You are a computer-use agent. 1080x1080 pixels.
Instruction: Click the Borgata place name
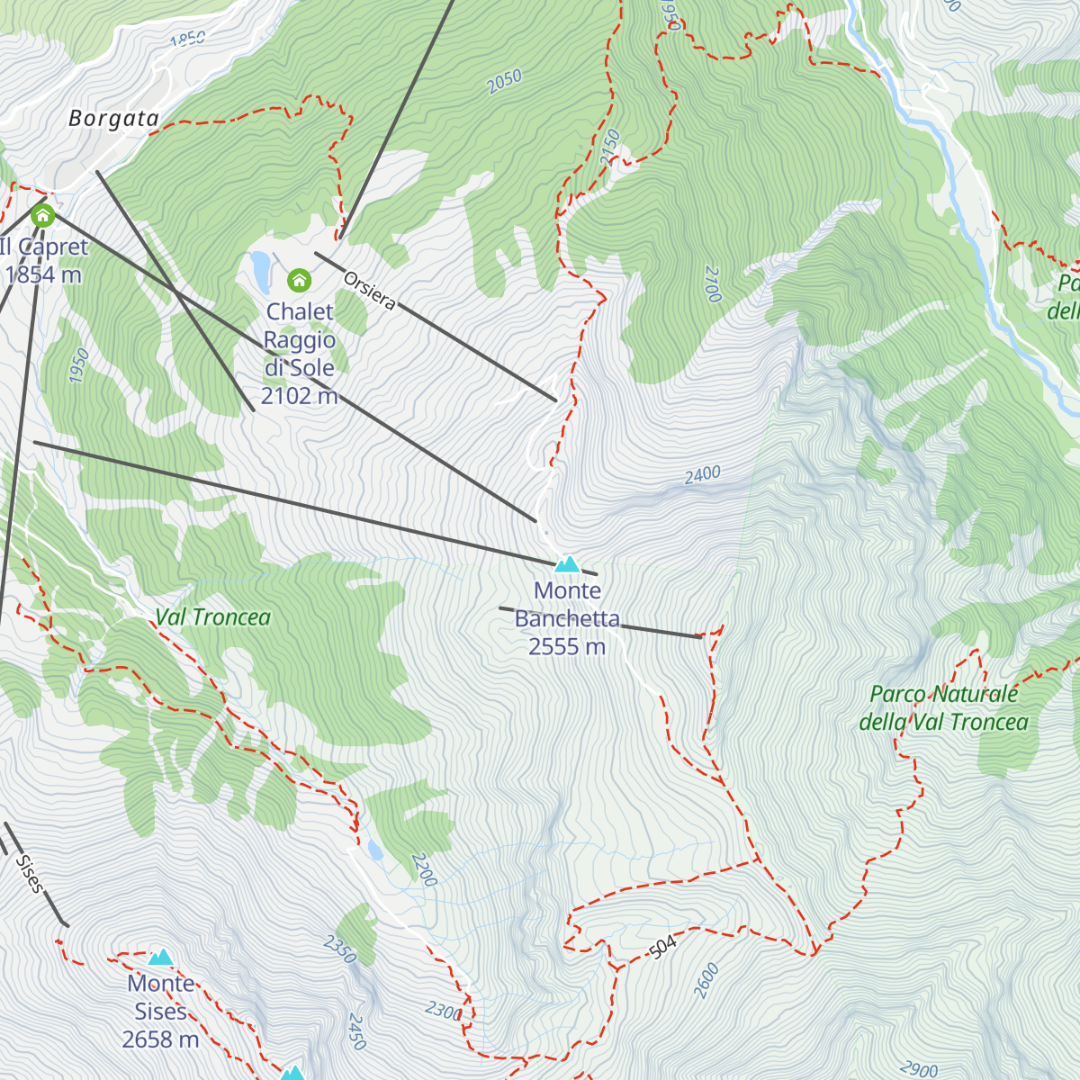click(x=113, y=118)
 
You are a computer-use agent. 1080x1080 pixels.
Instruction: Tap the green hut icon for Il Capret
click(x=42, y=216)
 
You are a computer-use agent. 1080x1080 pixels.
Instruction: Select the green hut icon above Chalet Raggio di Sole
click(x=299, y=281)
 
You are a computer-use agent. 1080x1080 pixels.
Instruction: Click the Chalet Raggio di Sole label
click(x=299, y=354)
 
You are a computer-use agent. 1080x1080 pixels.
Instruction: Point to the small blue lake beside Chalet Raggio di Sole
click(x=260, y=271)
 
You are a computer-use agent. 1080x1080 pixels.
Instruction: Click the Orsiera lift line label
click(x=369, y=289)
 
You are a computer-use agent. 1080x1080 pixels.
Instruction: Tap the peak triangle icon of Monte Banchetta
click(x=567, y=564)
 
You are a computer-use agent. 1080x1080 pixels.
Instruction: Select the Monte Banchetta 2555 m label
click(x=567, y=618)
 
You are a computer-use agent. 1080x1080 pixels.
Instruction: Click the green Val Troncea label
click(x=212, y=617)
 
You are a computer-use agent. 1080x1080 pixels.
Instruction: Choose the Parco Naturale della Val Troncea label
click(x=943, y=708)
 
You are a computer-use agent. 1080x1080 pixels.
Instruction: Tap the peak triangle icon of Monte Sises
click(x=161, y=957)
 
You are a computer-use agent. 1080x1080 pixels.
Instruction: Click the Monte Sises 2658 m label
click(x=160, y=1012)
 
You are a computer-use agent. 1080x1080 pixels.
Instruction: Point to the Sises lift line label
click(x=29, y=873)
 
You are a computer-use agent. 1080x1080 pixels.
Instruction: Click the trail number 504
click(x=661, y=947)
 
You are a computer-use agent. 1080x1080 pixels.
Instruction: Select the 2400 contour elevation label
click(x=702, y=474)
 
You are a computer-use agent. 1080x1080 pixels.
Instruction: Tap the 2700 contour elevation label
click(x=713, y=283)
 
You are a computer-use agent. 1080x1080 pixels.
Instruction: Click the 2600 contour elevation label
click(x=706, y=980)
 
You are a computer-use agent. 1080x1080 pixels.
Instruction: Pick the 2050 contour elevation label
click(x=504, y=82)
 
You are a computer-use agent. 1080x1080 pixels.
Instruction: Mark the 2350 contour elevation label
click(x=340, y=949)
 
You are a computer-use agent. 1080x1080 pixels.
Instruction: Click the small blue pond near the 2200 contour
click(x=374, y=850)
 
